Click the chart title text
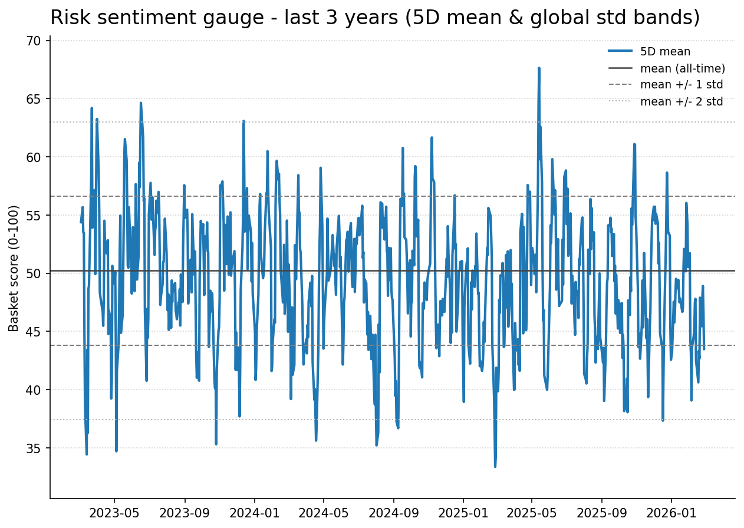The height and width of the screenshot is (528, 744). tap(375, 18)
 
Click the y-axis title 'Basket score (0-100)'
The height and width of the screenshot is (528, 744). tap(14, 268)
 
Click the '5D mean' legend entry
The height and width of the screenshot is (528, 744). tap(665, 52)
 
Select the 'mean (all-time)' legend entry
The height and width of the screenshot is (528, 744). tap(682, 68)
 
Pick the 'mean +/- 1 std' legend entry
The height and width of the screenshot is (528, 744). tap(681, 85)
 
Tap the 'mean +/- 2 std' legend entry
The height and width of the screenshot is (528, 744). tap(681, 101)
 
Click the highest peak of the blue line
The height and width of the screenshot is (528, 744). tap(539, 68)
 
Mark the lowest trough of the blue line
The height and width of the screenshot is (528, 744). tap(495, 467)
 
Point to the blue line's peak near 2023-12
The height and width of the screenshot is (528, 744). tap(243, 121)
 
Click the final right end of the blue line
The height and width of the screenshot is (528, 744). tap(704, 349)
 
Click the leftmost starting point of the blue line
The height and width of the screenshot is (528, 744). tap(81, 222)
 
